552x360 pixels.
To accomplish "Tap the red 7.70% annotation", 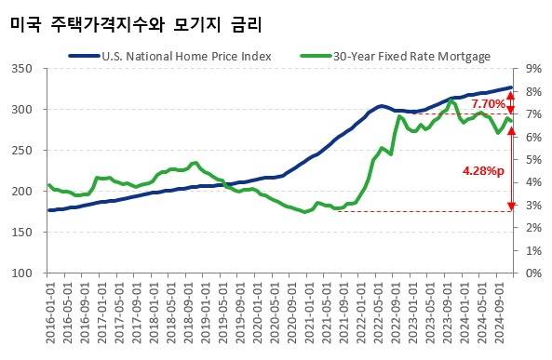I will click(x=488, y=103).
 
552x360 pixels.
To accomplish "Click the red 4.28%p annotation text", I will click(x=484, y=171).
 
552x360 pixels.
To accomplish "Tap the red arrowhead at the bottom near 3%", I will click(x=511, y=207).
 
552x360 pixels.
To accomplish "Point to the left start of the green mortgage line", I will click(x=49, y=185).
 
